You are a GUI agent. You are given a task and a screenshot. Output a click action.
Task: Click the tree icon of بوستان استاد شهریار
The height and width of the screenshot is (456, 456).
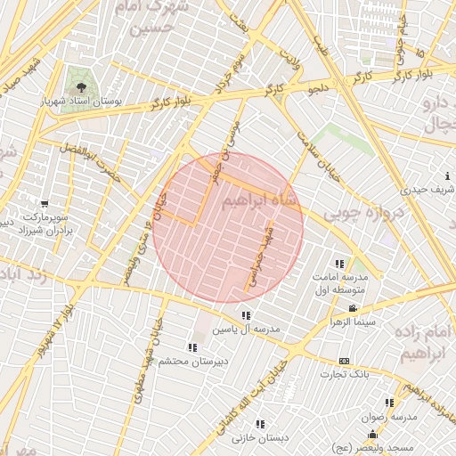point(82,87)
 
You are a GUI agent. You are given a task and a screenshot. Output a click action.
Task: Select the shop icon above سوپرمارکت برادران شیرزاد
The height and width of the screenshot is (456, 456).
point(33,201)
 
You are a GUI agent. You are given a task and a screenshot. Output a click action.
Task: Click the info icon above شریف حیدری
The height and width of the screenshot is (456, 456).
point(446,177)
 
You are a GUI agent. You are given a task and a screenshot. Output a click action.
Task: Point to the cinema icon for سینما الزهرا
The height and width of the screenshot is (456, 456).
point(354,308)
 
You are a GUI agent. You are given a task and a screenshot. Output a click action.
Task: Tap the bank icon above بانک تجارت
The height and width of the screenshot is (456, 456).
point(345,361)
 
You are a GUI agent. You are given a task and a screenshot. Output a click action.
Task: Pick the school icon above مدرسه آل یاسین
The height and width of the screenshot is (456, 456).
point(246,315)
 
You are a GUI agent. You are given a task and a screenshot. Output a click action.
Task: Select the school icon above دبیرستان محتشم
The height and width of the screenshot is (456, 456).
point(192,347)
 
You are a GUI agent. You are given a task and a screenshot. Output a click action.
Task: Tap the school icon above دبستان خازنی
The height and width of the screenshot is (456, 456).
point(260,425)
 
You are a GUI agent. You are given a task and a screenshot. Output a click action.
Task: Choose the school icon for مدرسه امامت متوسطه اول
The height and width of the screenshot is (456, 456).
point(339,264)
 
